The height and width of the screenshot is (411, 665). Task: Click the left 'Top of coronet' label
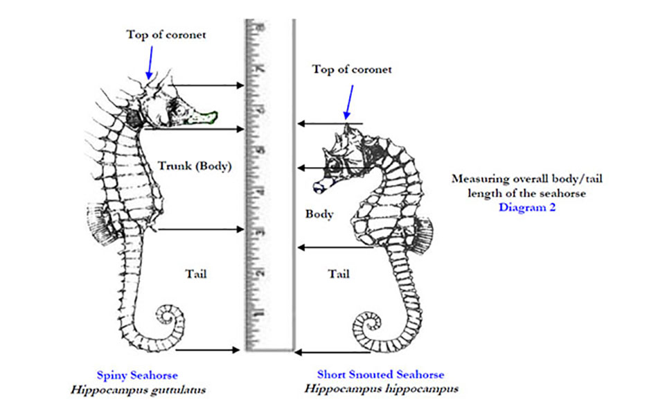click(166, 35)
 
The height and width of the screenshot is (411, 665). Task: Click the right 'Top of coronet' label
click(352, 69)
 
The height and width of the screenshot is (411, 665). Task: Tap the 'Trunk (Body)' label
click(194, 166)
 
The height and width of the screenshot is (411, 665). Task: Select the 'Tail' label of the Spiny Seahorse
click(197, 274)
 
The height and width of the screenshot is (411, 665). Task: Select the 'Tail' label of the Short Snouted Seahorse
click(339, 274)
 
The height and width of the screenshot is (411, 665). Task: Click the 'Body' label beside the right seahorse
click(319, 214)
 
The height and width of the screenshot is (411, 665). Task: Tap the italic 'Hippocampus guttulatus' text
click(138, 390)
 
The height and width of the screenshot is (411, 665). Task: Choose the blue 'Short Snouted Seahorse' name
click(380, 375)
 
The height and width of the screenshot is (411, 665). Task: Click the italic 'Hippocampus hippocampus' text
click(381, 389)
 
